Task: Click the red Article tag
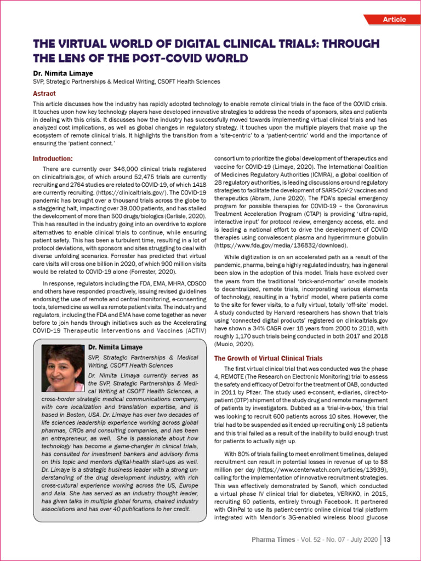click(394, 20)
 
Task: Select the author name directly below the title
click(62, 72)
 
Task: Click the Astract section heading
click(44, 94)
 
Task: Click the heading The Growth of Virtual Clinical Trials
click(268, 358)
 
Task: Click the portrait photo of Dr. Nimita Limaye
click(62, 368)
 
